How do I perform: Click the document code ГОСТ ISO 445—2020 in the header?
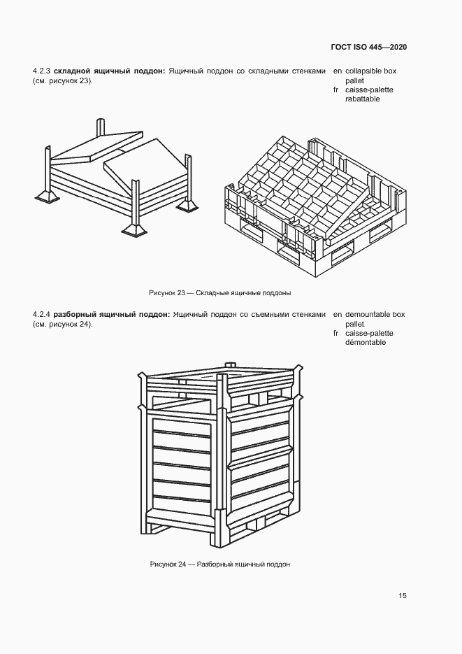coord(369,47)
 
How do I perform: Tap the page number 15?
coord(403,596)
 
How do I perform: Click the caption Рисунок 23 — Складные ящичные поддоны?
coord(219,292)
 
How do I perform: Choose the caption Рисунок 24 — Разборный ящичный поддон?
coord(219,564)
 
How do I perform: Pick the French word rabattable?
coord(362,99)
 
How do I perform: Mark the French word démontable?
coord(365,342)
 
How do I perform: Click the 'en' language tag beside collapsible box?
coord(338,71)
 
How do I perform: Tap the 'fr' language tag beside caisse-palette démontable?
coord(337,333)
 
